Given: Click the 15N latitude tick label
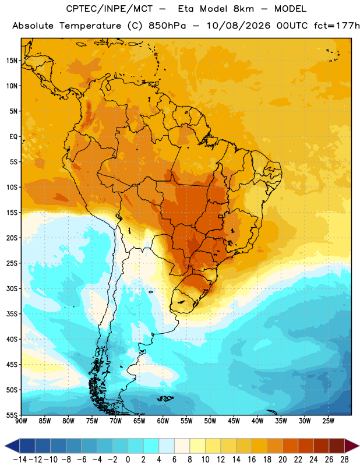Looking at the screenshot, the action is click(12, 61).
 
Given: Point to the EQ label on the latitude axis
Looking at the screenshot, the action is click(13, 137).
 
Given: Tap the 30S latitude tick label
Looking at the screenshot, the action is click(12, 288).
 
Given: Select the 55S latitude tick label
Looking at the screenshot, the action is click(12, 415).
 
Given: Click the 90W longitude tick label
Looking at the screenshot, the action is click(21, 421).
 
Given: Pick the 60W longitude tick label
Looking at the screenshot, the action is click(163, 421).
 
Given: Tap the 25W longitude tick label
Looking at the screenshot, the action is click(328, 421).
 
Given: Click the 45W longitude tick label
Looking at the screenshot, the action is click(234, 421).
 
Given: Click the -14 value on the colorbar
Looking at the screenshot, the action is click(20, 460).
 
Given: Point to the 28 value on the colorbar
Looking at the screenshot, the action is click(344, 460).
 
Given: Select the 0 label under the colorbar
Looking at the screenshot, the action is click(128, 460).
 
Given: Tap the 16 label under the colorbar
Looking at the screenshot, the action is click(252, 460).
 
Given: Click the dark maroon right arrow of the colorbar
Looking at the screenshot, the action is click(352, 446).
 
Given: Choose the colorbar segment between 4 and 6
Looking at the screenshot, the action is click(167, 446).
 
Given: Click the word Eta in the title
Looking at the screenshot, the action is click(186, 9).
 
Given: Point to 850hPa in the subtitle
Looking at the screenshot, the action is click(167, 26).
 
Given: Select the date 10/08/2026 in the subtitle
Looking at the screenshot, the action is click(238, 26).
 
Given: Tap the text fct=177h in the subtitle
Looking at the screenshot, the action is click(337, 26).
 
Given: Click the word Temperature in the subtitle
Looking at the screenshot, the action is click(90, 26).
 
